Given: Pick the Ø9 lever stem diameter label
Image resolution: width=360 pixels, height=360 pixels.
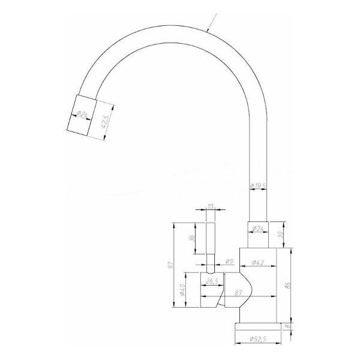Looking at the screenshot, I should [229, 262].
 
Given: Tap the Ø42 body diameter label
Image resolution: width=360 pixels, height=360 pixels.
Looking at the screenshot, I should [259, 262].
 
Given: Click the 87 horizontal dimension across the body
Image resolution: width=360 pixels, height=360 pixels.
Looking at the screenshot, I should [238, 293].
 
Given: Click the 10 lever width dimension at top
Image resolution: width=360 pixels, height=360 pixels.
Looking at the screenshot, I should [209, 207].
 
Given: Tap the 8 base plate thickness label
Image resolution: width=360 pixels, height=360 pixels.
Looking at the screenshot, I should [289, 326].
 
